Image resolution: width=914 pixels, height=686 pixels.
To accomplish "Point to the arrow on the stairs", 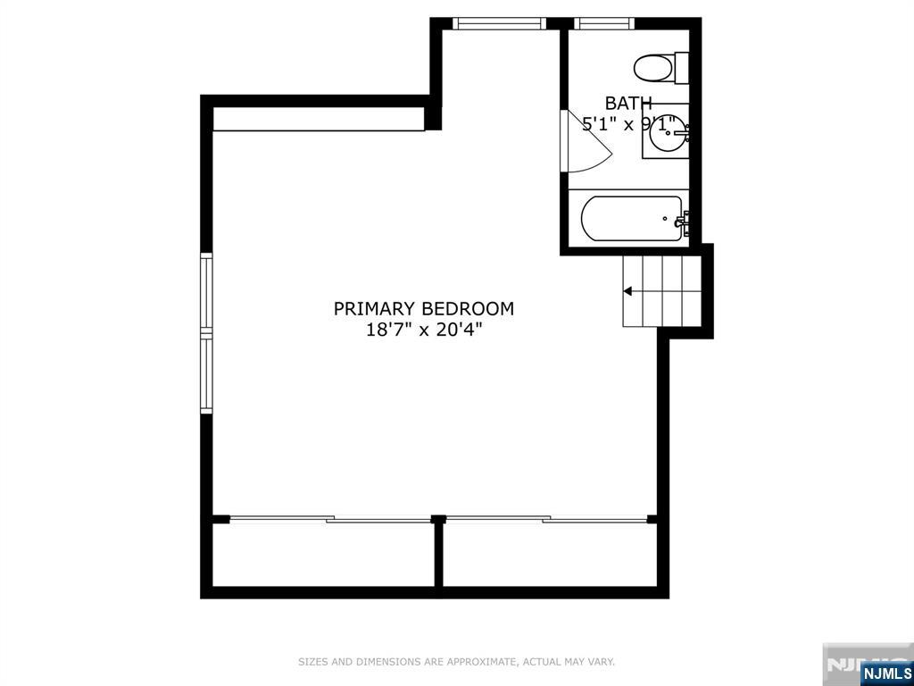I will pyautogui.click(x=628, y=291).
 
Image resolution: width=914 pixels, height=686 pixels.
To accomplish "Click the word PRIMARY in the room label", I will pyautogui.click(x=375, y=309).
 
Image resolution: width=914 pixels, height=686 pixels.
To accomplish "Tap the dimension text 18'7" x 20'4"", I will pyautogui.click(x=424, y=330).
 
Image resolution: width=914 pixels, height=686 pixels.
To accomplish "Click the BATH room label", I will pyautogui.click(x=628, y=103).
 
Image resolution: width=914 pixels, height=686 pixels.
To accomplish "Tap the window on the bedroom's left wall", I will pyautogui.click(x=207, y=333).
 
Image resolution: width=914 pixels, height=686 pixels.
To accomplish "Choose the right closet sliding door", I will pyautogui.click(x=546, y=518).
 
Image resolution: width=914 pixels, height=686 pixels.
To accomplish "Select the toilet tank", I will pyautogui.click(x=682, y=66).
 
